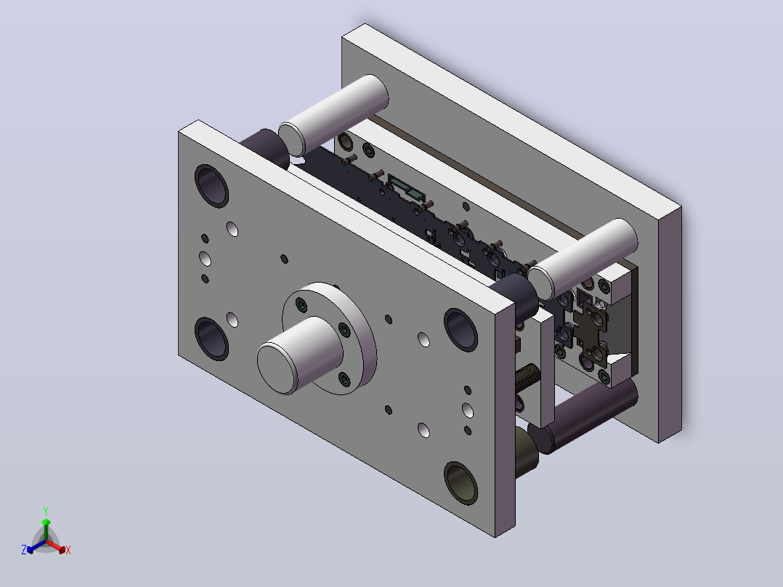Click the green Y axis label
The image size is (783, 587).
pos(46,511)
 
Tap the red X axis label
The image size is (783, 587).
pos(68,550)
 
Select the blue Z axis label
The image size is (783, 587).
pos(24,549)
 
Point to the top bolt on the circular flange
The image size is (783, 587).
pos(301,304)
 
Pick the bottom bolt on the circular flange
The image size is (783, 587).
pos(344,379)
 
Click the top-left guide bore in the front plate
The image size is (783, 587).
pos(212,185)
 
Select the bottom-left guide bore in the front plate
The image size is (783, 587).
pos(212,339)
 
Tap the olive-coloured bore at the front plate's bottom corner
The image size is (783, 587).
pos(461,482)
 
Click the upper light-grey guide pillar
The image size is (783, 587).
pos(333,114)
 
